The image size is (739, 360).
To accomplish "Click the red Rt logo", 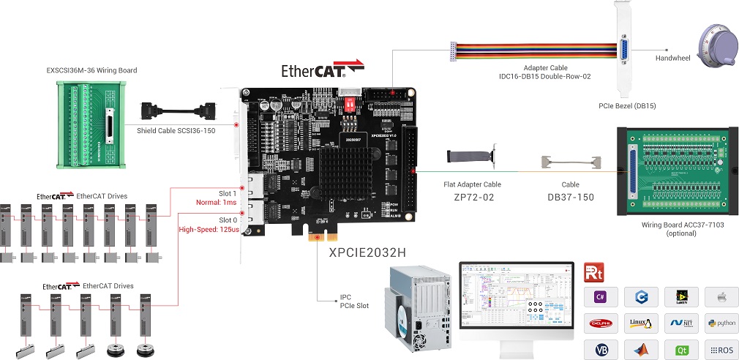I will click(x=593, y=273).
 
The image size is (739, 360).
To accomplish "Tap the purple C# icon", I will click(x=601, y=296).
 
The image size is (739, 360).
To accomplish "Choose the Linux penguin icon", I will click(x=641, y=322).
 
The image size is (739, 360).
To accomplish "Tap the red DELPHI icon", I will click(x=601, y=322).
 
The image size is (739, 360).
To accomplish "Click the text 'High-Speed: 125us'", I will click(x=209, y=230).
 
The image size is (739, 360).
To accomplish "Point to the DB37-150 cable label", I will click(x=571, y=198).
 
